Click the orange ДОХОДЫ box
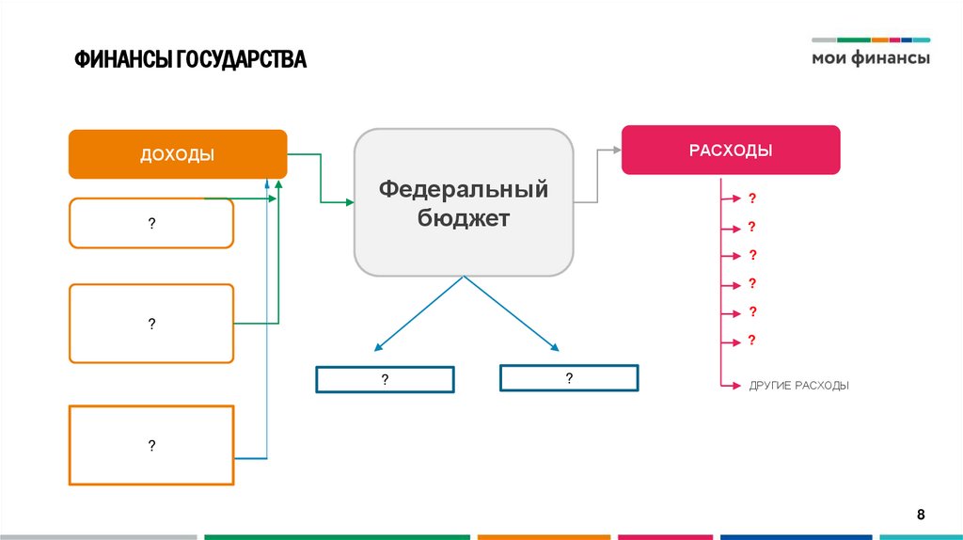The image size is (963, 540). [177, 154]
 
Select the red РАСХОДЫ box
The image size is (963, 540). [730, 150]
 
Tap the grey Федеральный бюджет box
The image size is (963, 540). [463, 203]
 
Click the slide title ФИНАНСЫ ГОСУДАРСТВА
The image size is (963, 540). [191, 60]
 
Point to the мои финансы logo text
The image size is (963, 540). [871, 58]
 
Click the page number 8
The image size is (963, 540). [922, 514]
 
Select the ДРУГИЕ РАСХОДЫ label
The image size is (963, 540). [798, 386]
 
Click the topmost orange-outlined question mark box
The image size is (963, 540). [150, 223]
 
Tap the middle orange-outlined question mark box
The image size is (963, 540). [150, 324]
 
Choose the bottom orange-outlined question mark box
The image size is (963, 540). [150, 445]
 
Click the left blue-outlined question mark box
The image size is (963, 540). [385, 379]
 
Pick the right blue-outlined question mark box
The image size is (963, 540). [569, 378]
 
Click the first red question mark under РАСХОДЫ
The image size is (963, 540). [752, 199]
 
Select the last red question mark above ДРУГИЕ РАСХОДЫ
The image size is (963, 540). [752, 340]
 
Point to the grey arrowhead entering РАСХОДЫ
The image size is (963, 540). [616, 149]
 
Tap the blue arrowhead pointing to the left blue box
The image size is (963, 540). [376, 347]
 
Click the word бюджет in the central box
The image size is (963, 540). [464, 219]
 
